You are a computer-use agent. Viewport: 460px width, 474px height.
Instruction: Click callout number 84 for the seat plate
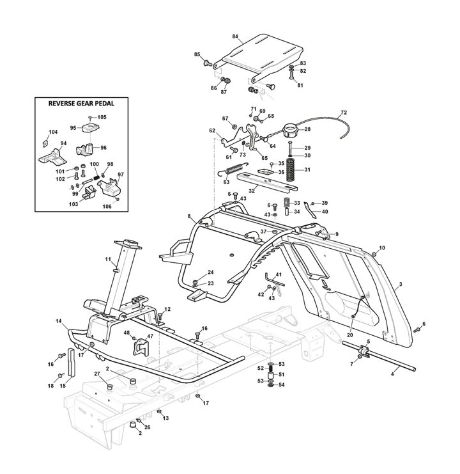pyautogui.click(x=235, y=36)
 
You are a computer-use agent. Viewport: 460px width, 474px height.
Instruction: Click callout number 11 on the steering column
pyautogui.click(x=109, y=260)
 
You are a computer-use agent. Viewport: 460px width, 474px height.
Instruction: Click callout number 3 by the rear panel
pyautogui.click(x=400, y=283)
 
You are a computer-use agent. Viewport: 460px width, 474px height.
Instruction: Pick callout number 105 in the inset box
pyautogui.click(x=102, y=117)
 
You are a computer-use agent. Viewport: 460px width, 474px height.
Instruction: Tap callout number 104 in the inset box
pyautogui.click(x=53, y=132)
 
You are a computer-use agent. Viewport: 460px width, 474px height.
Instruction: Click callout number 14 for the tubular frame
pyautogui.click(x=59, y=320)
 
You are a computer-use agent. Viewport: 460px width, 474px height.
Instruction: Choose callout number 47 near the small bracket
pyautogui.click(x=150, y=335)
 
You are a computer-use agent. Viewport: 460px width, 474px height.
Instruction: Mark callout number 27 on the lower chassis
pyautogui.click(x=97, y=374)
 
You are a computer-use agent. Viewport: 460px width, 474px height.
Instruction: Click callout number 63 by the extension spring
pyautogui.click(x=226, y=182)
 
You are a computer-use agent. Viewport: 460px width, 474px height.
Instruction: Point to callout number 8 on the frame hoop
pyautogui.click(x=189, y=218)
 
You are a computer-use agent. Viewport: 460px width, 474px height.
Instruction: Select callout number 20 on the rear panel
pyautogui.click(x=349, y=335)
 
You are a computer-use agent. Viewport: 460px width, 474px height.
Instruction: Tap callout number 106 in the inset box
pyautogui.click(x=106, y=206)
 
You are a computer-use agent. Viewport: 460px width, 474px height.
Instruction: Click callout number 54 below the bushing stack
pyautogui.click(x=282, y=386)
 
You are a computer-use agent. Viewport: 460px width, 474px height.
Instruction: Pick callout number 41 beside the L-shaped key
pyautogui.click(x=278, y=275)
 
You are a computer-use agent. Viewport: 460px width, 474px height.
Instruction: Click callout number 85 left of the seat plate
pyautogui.click(x=197, y=55)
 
